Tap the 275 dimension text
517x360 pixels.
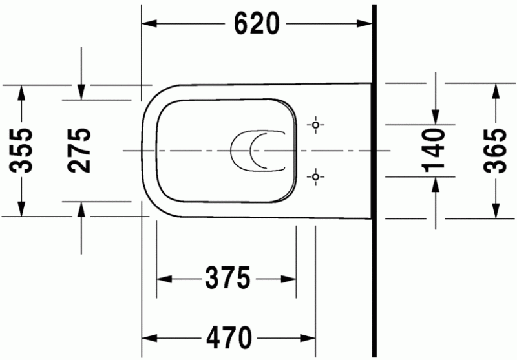coord(80,151)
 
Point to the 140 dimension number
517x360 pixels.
coord(436,151)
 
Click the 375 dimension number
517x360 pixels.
coord(227,279)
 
